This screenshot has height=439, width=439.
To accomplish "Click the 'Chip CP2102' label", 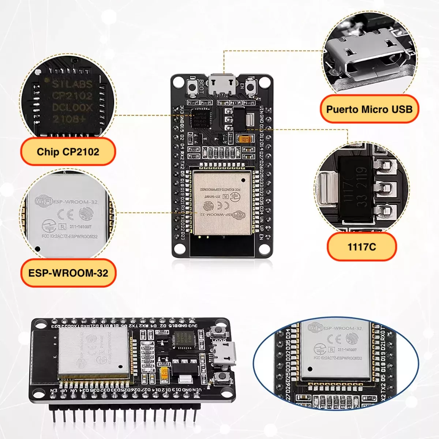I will pos(68,152).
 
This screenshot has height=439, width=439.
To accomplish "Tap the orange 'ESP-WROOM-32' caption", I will pos(68,273).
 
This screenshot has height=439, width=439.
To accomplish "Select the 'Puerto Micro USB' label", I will pos(369,109).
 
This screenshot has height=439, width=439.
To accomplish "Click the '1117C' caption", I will pos(361,247).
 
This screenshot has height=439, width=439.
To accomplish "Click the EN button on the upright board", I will pos(251,87).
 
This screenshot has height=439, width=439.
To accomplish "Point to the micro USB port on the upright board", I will pos(222,85).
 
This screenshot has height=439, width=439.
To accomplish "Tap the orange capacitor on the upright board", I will pos(244,139).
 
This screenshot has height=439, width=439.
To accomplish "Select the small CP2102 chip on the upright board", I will pos(200,118).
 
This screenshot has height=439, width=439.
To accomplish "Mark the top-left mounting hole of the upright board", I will pos(179,82).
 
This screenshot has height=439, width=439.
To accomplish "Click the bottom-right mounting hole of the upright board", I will pos(264,249).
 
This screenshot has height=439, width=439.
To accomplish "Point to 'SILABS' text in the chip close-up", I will pos(72,85).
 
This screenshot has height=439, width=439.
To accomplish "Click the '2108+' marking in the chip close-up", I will pos(69,119).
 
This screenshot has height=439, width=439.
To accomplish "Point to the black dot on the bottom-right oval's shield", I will pos(310,369).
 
